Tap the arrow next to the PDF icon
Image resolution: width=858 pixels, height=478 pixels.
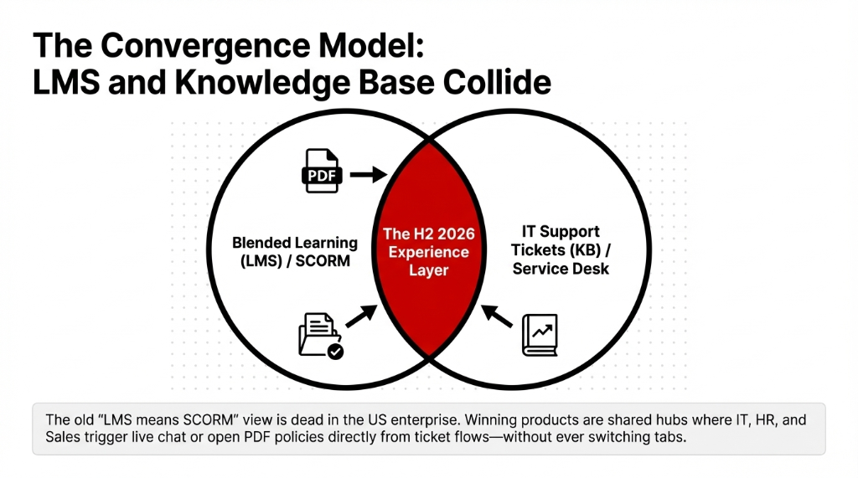tap(367, 174)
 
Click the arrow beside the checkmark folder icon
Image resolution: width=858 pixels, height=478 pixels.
tap(362, 316)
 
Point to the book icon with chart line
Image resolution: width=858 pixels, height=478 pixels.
tap(540, 336)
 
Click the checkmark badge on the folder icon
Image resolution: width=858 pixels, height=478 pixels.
tap(335, 352)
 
